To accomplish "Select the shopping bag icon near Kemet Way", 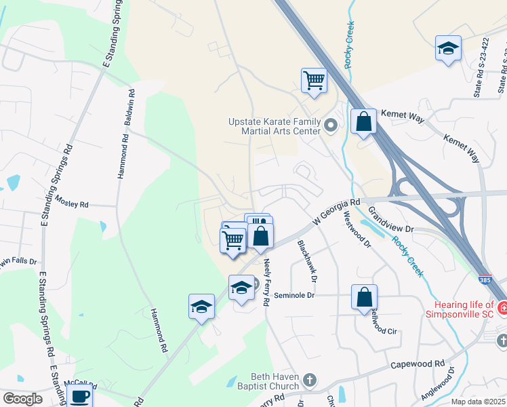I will (364, 122).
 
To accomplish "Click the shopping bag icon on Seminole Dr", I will (364, 297).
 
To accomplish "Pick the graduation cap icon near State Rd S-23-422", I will (448, 49).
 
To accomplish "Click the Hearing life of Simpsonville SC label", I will (463, 310).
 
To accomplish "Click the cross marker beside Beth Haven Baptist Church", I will (310, 379).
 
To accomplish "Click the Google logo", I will (22, 399).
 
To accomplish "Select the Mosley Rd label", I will (72, 202).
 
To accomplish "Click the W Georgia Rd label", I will (335, 212).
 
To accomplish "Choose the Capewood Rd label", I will (417, 365).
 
